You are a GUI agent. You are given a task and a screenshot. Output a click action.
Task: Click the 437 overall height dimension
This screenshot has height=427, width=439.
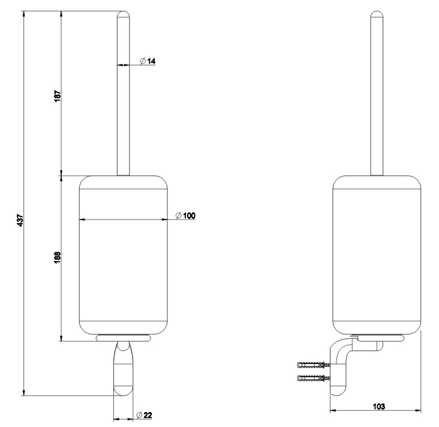[20, 220]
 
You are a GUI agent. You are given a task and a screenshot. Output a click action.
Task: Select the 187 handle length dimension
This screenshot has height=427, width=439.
[58, 96]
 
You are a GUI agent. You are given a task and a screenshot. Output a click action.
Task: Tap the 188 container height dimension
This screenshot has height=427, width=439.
[57, 258]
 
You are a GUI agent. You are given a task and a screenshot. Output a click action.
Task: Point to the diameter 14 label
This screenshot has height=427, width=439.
[148, 61]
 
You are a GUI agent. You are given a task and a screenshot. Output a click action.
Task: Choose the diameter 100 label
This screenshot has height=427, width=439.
[185, 215]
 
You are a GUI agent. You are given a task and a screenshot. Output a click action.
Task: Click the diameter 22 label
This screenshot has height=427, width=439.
[144, 415]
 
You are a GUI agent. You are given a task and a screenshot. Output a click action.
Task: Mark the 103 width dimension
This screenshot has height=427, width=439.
[378, 406]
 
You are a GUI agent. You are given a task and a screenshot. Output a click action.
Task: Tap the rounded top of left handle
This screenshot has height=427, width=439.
[123, 14]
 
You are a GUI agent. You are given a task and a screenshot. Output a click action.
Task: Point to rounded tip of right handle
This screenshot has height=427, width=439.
[377, 14]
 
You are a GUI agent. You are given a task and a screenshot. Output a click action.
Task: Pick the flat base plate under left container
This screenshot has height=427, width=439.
[123, 338]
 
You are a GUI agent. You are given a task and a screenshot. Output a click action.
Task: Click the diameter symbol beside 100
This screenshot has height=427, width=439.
[179, 215]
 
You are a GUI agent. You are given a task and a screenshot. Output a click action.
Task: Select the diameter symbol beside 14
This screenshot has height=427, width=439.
[143, 61]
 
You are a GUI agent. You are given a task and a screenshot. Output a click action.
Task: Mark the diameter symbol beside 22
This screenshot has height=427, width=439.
[139, 415]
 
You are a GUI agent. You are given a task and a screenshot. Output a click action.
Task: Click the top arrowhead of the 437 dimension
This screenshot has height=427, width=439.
[24, 14]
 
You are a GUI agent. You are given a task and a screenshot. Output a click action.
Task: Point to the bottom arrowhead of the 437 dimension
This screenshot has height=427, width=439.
[24, 393]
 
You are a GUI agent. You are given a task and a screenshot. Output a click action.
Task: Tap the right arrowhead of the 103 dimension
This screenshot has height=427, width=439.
[418, 411]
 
